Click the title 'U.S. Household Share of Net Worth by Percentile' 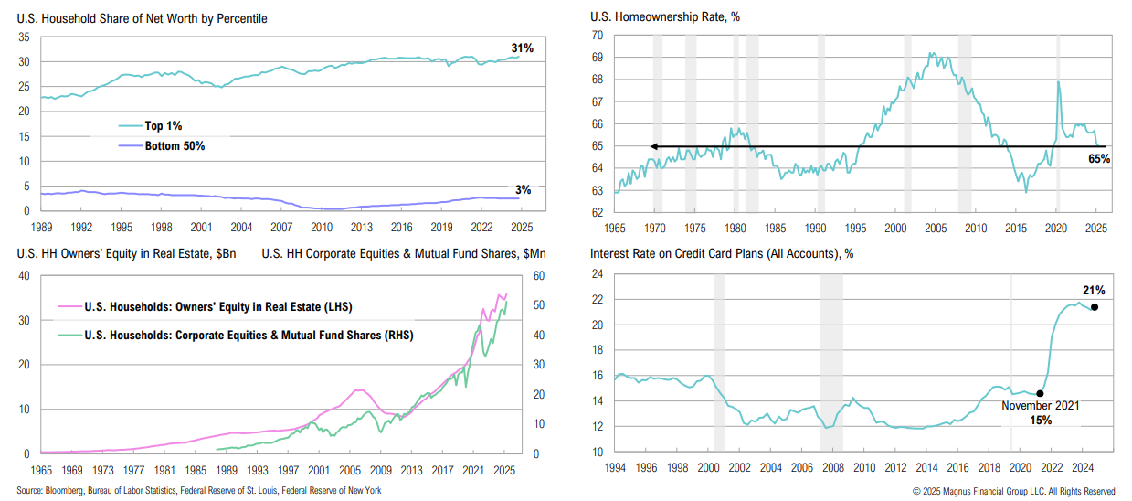pos(142,18)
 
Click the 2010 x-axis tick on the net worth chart pos(321,226)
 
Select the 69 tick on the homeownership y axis pos(598,57)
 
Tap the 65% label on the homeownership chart pos(1098,159)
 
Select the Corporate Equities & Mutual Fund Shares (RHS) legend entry pos(248,336)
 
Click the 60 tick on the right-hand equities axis pos(538,275)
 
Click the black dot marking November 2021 pos(1040,393)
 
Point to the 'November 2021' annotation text pos(1041,406)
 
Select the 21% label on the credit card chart pos(1095,291)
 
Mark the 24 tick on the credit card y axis pos(598,274)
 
